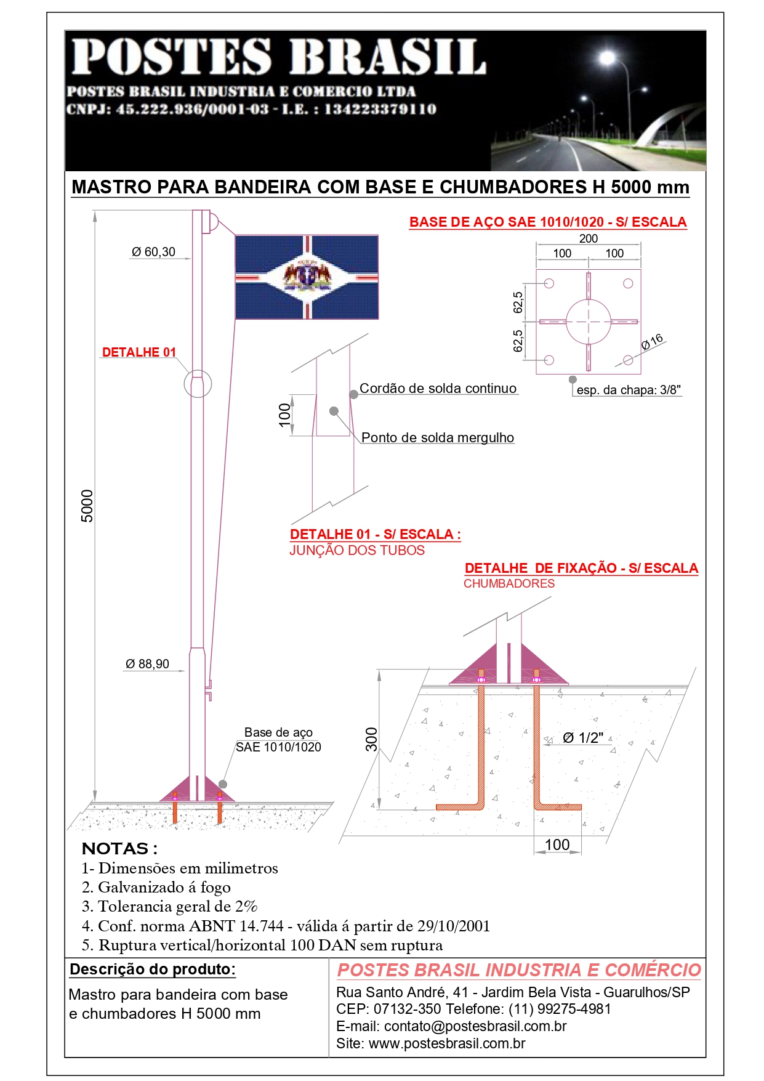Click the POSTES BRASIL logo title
278,57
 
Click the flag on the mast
307,277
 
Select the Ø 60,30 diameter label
153,252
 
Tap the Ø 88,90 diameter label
147,664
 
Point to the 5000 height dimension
87,506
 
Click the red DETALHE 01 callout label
139,352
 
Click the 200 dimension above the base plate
588,238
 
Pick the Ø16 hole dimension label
652,341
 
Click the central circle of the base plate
588,322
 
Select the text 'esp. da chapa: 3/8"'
629,390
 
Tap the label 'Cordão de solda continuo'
438,389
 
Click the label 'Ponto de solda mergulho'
437,438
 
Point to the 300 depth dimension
371,739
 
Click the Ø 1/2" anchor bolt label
582,738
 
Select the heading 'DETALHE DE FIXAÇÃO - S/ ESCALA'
581,568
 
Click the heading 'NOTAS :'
119,849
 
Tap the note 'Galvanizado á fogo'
164,888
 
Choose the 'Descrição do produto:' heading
152,970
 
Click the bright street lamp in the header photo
607,59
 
